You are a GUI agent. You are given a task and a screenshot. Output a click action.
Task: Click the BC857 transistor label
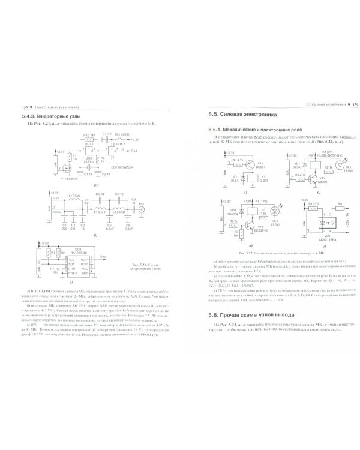click(x=262, y=167)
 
